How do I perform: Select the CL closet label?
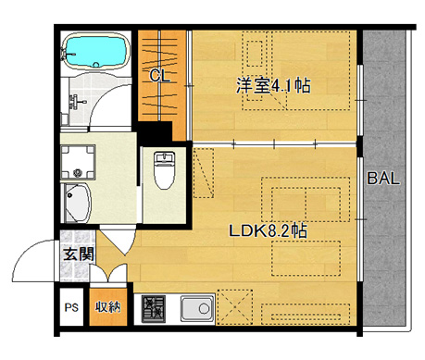[159, 77]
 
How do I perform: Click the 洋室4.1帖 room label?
[272, 86]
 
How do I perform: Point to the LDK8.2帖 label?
[269, 231]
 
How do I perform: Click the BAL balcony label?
[382, 179]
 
